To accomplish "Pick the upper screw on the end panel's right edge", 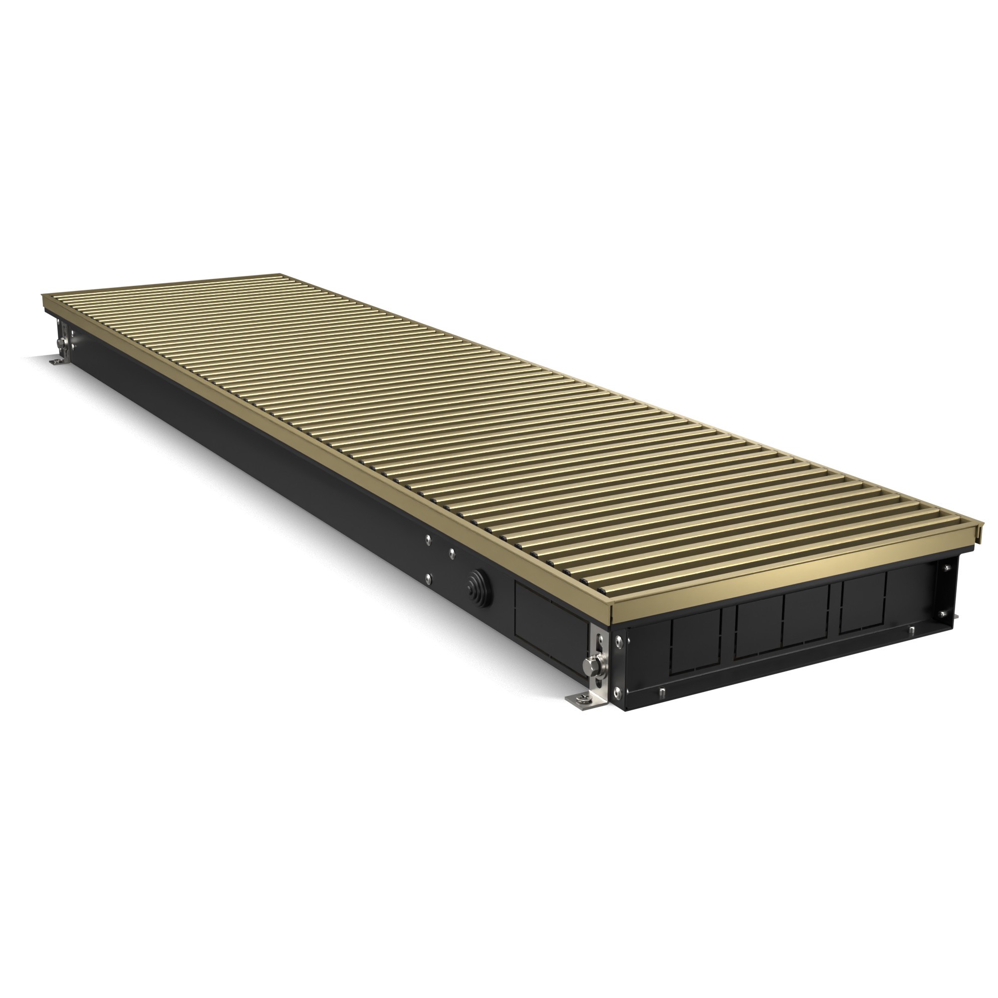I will tap(946, 568).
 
